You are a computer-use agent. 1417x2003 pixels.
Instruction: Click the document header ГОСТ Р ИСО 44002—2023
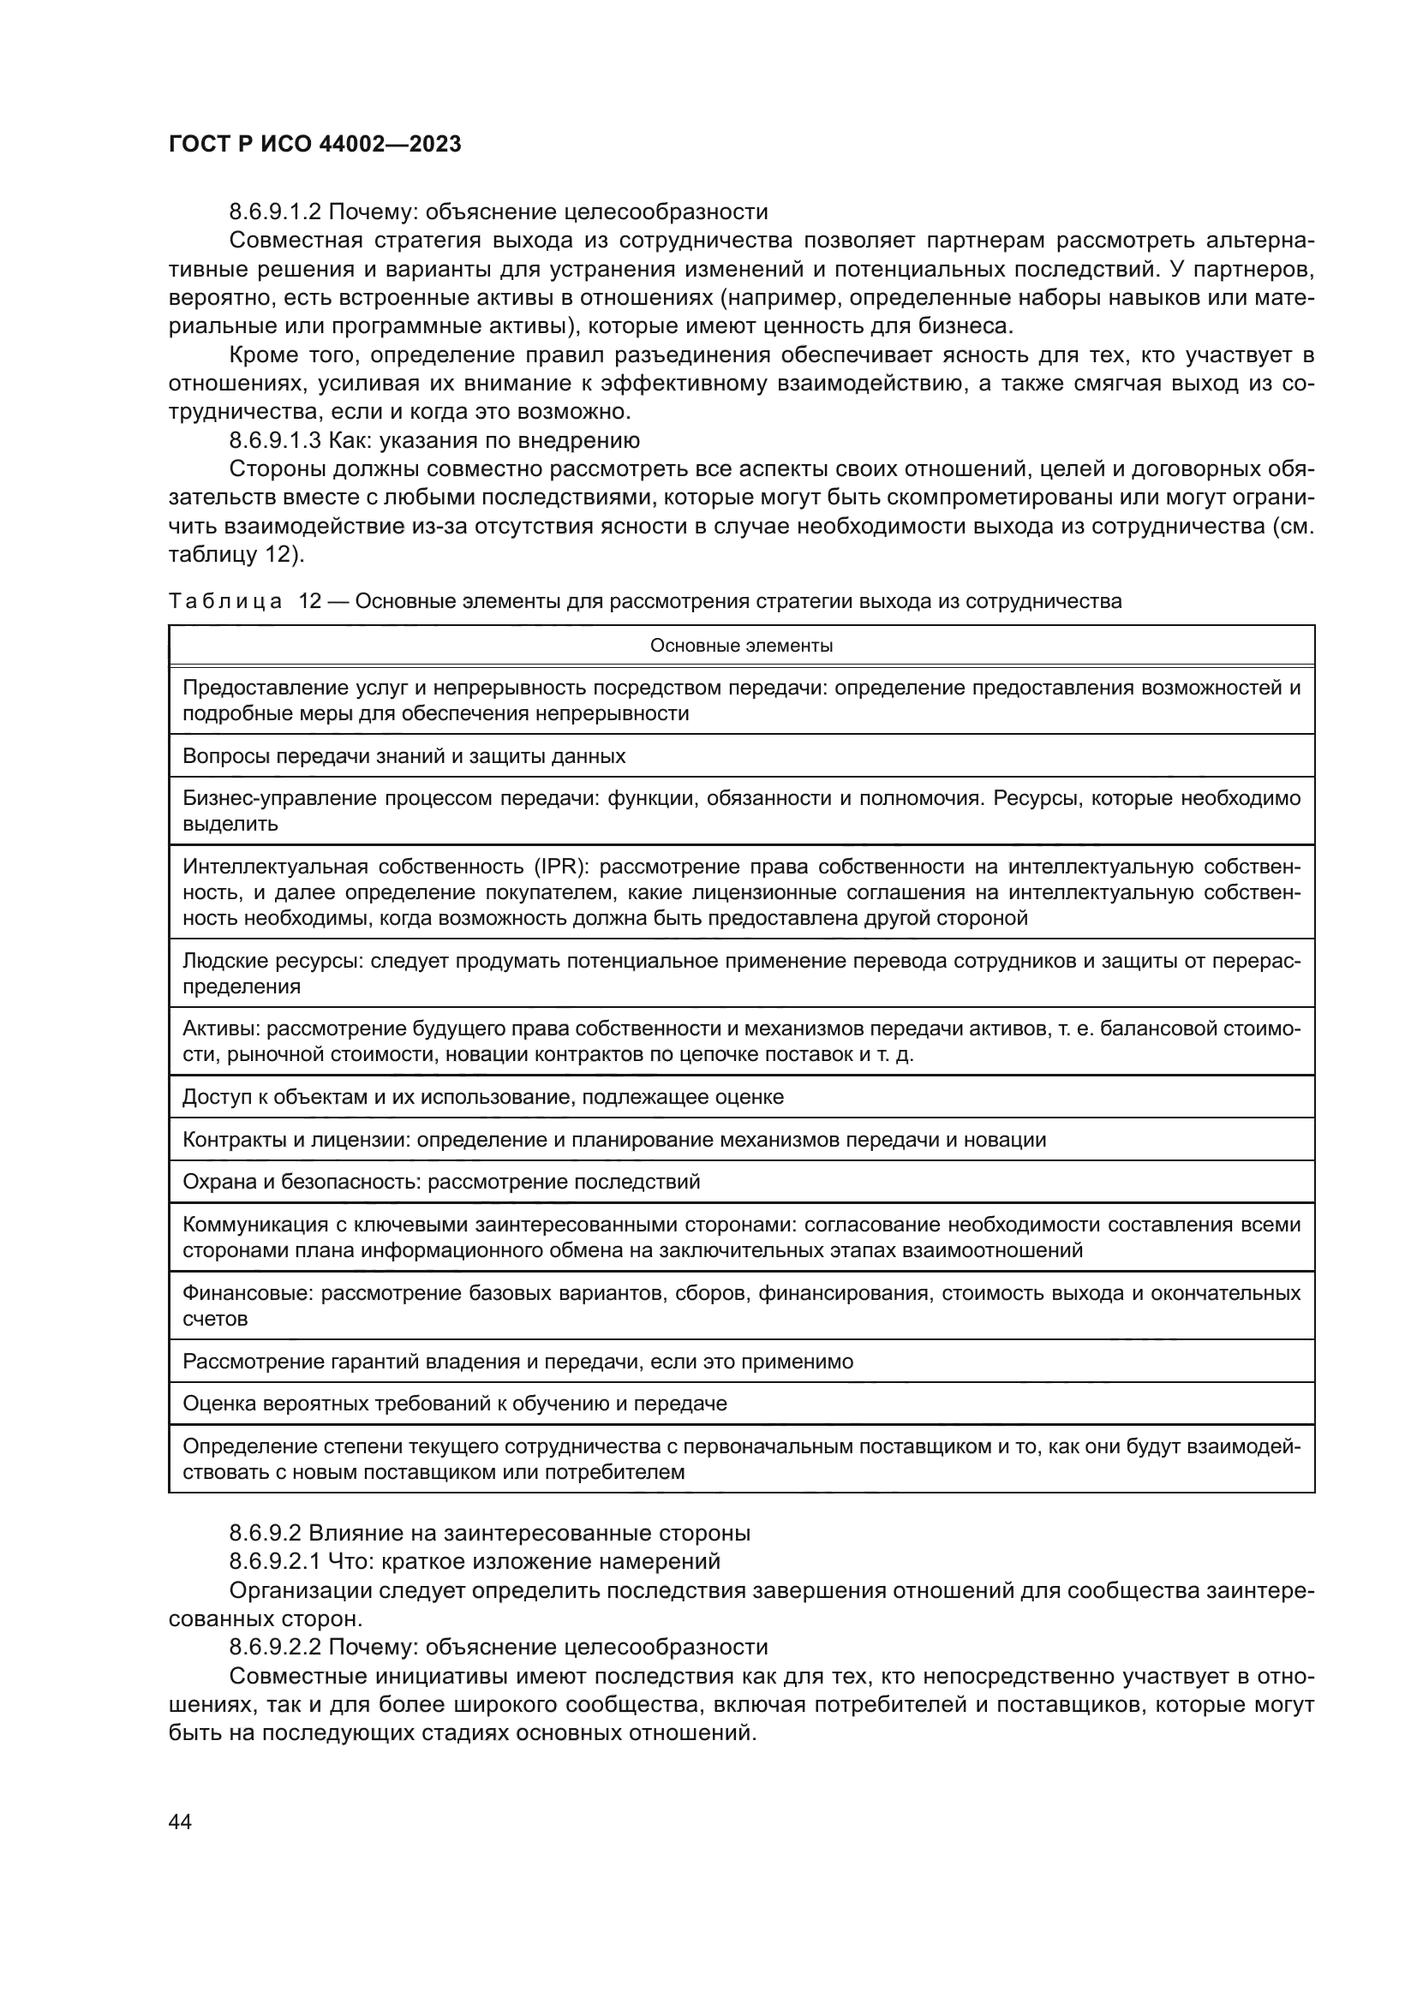pyautogui.click(x=314, y=145)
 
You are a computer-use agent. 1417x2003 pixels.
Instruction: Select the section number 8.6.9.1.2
pyautogui.click(x=276, y=212)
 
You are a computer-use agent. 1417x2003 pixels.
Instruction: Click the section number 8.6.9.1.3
pyautogui.click(x=276, y=440)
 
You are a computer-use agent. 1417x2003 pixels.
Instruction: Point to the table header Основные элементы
pyautogui.click(x=741, y=646)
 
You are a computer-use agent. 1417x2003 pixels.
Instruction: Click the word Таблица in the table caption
pyautogui.click(x=225, y=601)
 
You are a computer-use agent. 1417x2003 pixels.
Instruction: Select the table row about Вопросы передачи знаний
pyautogui.click(x=404, y=755)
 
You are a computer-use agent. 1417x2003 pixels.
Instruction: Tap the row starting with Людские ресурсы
pyautogui.click(x=741, y=974)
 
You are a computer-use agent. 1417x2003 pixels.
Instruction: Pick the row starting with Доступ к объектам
pyautogui.click(x=482, y=1097)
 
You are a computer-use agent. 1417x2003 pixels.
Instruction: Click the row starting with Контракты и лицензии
pyautogui.click(x=613, y=1139)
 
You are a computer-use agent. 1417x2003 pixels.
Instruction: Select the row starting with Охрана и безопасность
pyautogui.click(x=440, y=1182)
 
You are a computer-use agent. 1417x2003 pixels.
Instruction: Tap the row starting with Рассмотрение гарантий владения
pyautogui.click(x=517, y=1362)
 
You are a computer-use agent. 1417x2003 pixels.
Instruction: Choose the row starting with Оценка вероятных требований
pyautogui.click(x=455, y=1404)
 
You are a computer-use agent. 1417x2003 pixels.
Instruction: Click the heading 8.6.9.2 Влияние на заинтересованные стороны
pyautogui.click(x=489, y=1533)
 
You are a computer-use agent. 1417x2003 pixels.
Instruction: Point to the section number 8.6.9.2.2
pyautogui.click(x=276, y=1647)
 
